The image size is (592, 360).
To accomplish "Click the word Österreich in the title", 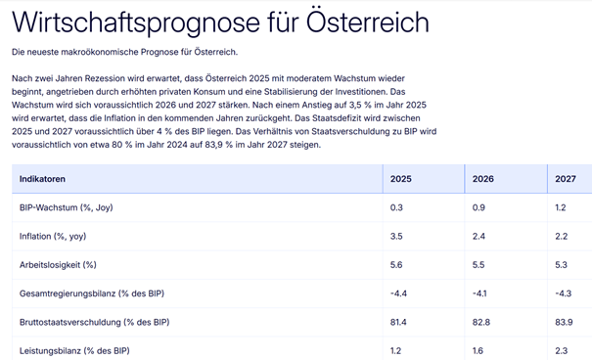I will [x=349, y=22].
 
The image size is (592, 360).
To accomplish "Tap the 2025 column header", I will [x=401, y=179].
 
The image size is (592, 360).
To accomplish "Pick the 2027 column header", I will [x=566, y=179].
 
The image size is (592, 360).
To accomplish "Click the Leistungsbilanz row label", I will [x=74, y=350].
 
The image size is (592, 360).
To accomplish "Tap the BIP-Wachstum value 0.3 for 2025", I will [x=396, y=207].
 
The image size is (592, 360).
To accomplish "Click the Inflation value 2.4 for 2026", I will [x=479, y=236].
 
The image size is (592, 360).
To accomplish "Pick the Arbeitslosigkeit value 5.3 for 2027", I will [x=562, y=264].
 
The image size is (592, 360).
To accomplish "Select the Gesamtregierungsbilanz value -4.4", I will [x=398, y=292].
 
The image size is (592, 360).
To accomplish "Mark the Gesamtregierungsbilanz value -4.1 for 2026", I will [x=479, y=292].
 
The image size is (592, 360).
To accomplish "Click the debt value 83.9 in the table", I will [x=564, y=322].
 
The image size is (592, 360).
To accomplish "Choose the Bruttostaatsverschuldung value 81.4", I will [x=399, y=322].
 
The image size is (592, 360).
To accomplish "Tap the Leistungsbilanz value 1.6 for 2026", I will [x=478, y=350].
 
